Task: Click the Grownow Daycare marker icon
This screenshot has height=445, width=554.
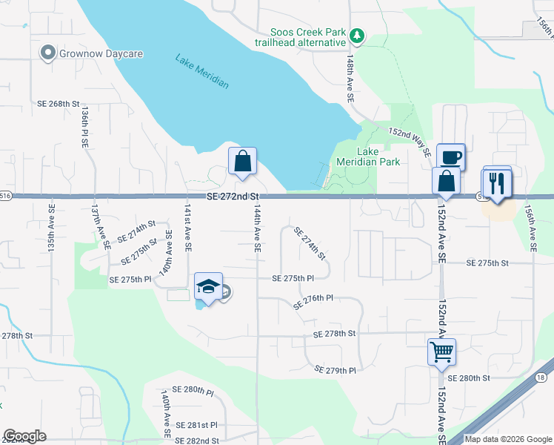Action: coord(48,53)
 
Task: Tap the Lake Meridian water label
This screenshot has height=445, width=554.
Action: coord(202,71)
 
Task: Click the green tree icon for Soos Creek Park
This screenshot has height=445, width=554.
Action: coord(358,36)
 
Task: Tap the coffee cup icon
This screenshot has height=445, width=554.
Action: coord(451,157)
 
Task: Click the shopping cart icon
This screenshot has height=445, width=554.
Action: coord(441,351)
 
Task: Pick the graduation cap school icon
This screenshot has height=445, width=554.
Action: coord(208,287)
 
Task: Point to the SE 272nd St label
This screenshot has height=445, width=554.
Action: coord(233,196)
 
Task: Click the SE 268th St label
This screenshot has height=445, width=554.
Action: coord(58,104)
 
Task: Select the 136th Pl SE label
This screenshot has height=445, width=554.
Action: coord(85,125)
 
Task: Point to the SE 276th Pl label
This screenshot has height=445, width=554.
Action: coord(314,301)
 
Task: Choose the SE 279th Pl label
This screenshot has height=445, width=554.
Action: coord(335,369)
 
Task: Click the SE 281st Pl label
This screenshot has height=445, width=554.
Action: coord(197,425)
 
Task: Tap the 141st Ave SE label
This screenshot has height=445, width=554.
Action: coord(188,228)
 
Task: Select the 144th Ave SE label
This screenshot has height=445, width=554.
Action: coord(256,230)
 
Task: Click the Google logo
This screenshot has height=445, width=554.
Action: coord(24,436)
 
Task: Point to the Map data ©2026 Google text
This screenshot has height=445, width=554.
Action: coord(508,439)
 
